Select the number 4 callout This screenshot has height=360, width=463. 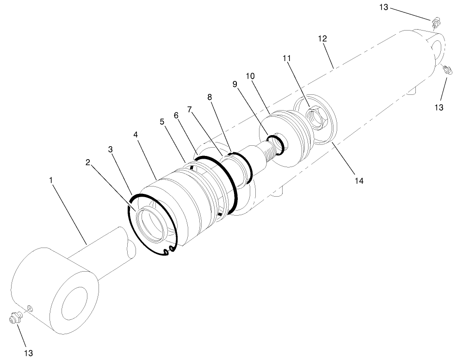135,135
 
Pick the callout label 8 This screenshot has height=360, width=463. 210,97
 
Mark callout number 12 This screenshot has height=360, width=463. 322,38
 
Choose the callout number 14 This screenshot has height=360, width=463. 359,181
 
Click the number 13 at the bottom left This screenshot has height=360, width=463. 29,353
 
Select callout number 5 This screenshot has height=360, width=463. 162,122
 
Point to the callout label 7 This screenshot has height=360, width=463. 190,109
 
